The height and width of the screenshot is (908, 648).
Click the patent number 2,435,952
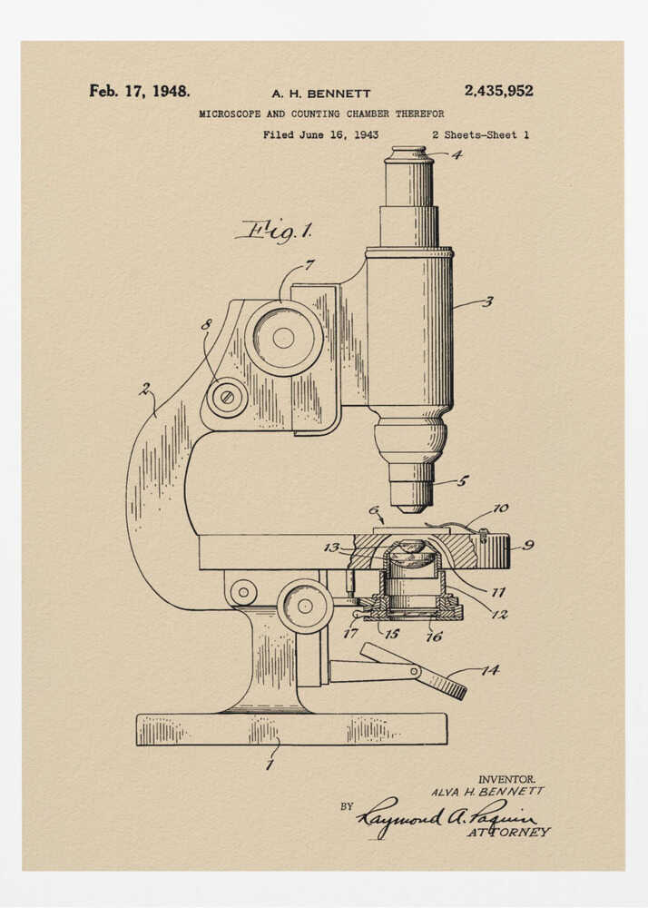tap(498, 91)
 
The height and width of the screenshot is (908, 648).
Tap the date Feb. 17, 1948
tap(140, 91)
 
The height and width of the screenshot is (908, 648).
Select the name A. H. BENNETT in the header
tap(321, 94)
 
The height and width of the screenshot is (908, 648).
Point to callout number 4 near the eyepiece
tap(457, 154)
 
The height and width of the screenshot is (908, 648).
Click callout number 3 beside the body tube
tap(487, 301)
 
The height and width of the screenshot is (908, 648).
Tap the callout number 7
tap(309, 265)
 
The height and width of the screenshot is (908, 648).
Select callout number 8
tap(207, 324)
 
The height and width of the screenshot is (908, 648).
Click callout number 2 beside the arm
tap(145, 389)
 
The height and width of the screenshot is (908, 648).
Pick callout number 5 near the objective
tap(462, 480)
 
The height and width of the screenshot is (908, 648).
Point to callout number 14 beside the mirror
tap(490, 670)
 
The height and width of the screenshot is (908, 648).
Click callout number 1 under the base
tap(269, 765)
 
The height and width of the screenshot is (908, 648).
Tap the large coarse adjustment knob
tap(283, 338)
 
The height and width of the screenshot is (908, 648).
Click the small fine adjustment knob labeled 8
tap(227, 397)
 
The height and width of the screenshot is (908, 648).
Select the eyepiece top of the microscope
tap(408, 155)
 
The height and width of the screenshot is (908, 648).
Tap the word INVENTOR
tap(506, 779)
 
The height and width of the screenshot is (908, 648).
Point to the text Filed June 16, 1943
tap(320, 134)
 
